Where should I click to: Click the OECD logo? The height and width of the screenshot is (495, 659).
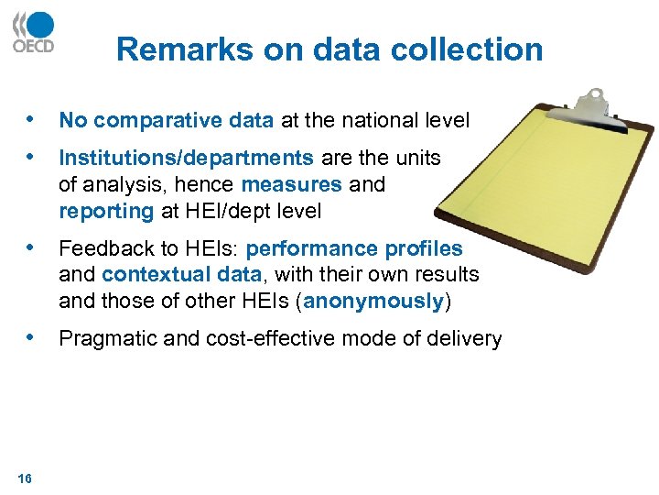(x=34, y=32)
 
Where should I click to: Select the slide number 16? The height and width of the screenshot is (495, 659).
(x=25, y=478)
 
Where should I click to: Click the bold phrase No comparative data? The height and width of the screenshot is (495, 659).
(x=166, y=120)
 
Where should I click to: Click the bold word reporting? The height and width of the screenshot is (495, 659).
(x=106, y=211)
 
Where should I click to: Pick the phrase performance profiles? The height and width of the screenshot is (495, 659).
(x=354, y=248)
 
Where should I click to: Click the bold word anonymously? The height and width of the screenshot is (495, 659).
(x=373, y=301)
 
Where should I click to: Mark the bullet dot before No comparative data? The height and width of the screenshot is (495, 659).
(x=33, y=119)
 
